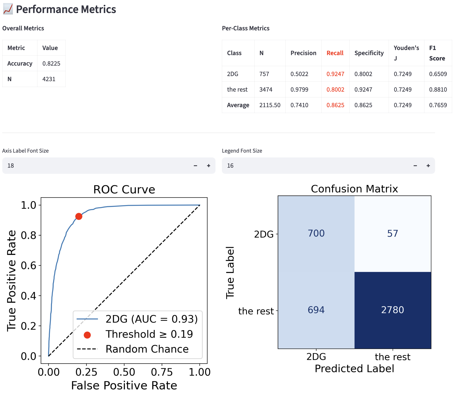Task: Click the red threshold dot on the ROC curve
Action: coord(79,216)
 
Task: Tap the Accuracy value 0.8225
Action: coord(51,64)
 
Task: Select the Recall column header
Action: coord(335,53)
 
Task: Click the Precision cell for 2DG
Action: coord(299,74)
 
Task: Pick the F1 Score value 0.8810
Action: coord(438,90)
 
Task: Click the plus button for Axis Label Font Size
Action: coord(208,166)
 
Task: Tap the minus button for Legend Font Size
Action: coord(415,166)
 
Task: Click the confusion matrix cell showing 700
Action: coord(316,233)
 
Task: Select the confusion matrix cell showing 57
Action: coord(392,233)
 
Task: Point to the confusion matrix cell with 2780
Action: coord(392,310)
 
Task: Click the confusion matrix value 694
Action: coord(316,310)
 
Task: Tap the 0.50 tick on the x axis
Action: coord(124,372)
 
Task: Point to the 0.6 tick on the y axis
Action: coord(29,266)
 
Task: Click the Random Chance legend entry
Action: coord(147,349)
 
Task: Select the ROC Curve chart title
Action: coord(124,190)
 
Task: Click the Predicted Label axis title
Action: coord(354,369)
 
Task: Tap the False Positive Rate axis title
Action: coord(124,386)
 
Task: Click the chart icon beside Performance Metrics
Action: coord(8,9)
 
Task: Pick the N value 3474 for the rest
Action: coord(266,90)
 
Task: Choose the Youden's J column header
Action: coord(406,53)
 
